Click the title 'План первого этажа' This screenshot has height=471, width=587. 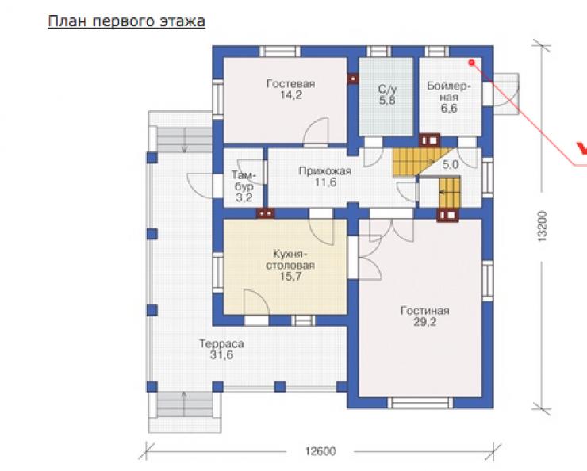(x=127, y=21)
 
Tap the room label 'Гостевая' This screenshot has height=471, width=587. (x=290, y=83)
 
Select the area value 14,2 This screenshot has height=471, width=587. (x=291, y=95)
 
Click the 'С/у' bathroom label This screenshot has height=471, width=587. (x=387, y=89)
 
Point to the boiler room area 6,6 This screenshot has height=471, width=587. (x=449, y=109)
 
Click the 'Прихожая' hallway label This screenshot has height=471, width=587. (x=325, y=171)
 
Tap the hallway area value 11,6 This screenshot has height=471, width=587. (x=325, y=182)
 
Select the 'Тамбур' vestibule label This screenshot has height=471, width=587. (x=244, y=181)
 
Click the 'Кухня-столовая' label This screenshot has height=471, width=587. (x=290, y=259)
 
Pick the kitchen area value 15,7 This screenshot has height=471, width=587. (x=290, y=277)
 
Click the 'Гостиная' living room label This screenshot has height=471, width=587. (x=425, y=311)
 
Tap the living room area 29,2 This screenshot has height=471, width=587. (x=425, y=322)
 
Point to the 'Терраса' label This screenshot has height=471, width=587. (x=221, y=343)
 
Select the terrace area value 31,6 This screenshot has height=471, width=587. (x=221, y=354)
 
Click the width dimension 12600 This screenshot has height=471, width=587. (x=320, y=451)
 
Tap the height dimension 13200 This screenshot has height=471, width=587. (x=542, y=226)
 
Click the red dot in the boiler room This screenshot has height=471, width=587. (x=472, y=63)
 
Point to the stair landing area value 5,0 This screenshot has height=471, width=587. (x=450, y=164)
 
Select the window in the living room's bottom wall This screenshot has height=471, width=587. (x=420, y=403)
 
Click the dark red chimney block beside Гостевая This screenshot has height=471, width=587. (x=353, y=78)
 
